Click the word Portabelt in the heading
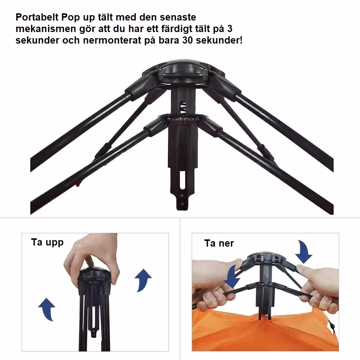click(x=37, y=17)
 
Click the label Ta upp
click(x=47, y=242)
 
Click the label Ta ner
click(x=219, y=243)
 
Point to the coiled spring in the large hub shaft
click(x=183, y=108)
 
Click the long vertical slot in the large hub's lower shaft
click(x=183, y=180)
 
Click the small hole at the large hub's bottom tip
click(x=182, y=204)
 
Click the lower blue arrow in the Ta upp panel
click(x=47, y=309)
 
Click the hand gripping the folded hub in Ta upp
click(x=92, y=257)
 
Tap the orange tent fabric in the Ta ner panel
click(x=264, y=333)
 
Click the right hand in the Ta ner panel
click(x=319, y=289)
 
